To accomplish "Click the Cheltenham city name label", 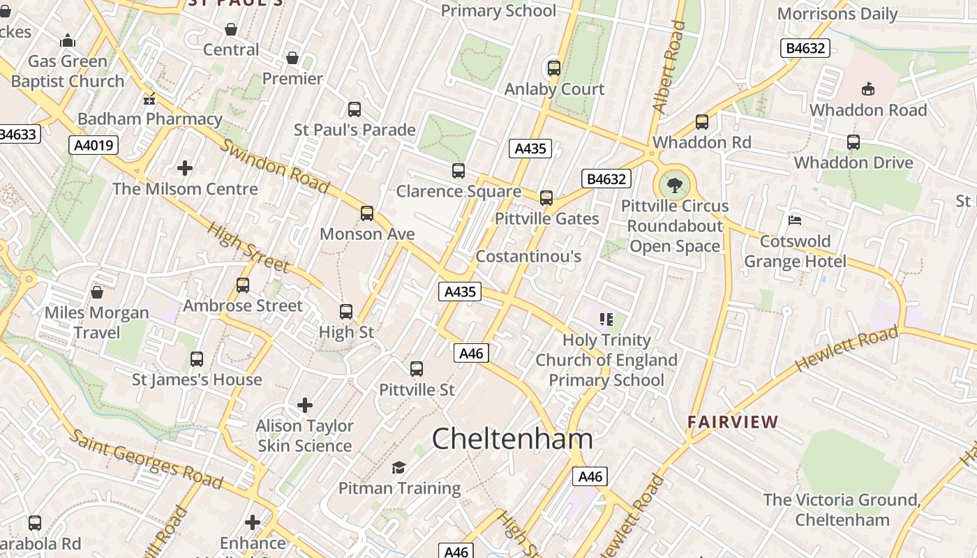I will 512,439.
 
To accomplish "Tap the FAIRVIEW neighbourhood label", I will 733,422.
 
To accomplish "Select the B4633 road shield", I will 18,135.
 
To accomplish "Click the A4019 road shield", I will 94,145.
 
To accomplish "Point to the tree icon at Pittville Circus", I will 674,186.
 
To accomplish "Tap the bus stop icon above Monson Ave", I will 367,213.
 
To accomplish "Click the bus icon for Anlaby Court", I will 554,68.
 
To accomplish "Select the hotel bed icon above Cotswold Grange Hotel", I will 794,220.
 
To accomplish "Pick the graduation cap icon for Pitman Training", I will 398,467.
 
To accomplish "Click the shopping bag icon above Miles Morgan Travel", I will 97,292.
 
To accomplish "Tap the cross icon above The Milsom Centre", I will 185,168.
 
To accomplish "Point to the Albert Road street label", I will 669,67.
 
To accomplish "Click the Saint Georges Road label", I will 147,460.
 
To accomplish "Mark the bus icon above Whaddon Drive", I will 853,142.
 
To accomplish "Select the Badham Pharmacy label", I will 149,119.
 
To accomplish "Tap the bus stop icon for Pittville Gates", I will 546,198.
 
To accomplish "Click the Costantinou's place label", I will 528,257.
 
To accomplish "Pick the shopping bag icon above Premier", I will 292,58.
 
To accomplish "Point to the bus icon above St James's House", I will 197,359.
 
